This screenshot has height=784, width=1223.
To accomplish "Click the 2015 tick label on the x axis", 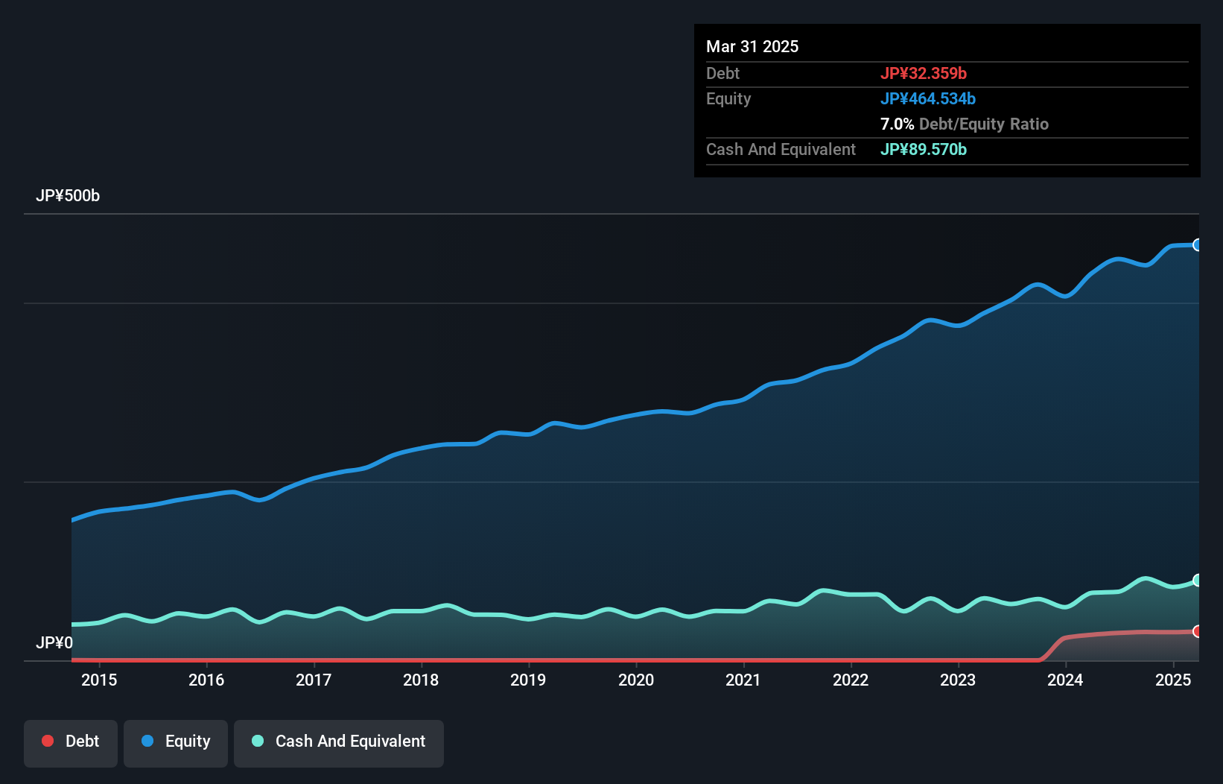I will coord(99,680).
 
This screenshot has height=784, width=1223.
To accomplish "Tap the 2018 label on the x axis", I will coord(421,680).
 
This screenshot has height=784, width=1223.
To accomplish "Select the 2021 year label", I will coord(743,680).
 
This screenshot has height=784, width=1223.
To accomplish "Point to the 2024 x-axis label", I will coord(1065,680).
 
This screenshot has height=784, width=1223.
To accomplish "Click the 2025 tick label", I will coord(1172,680).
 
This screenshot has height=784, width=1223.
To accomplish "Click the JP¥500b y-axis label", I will coord(68,196).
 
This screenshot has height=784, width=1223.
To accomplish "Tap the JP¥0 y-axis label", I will coord(54,642).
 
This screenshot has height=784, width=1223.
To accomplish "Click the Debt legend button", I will coord(71,742).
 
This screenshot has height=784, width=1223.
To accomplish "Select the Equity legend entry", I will coord(176,742).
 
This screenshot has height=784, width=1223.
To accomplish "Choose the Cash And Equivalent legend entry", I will coord(339,742).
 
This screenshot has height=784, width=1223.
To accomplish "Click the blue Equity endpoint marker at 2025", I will coord(1198,245).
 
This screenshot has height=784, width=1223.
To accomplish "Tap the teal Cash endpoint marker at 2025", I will coord(1198,580).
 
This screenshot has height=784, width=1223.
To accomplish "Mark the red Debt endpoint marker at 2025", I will coord(1198,631).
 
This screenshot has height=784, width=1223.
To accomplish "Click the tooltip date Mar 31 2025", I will coord(752,46).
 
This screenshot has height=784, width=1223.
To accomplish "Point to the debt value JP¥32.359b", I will coord(924,73).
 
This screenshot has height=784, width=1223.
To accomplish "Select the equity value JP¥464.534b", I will coord(928,98).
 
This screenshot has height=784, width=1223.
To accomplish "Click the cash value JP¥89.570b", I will coord(924,149).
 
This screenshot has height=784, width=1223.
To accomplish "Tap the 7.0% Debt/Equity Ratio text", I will coord(965,124).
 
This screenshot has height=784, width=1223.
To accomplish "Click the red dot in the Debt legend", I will coord(48,741).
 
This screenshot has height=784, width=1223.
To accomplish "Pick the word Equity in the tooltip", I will coord(728,98).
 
